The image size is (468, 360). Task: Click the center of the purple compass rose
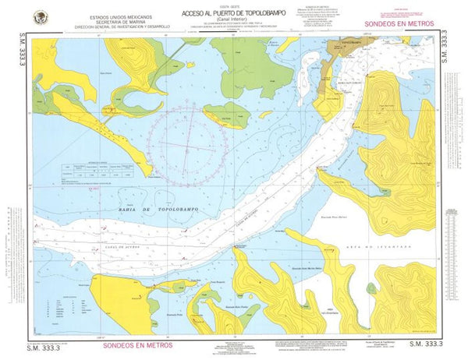pyautogui.click(x=190, y=146)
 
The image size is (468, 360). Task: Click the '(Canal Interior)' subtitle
pyautogui.click(x=226, y=21)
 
